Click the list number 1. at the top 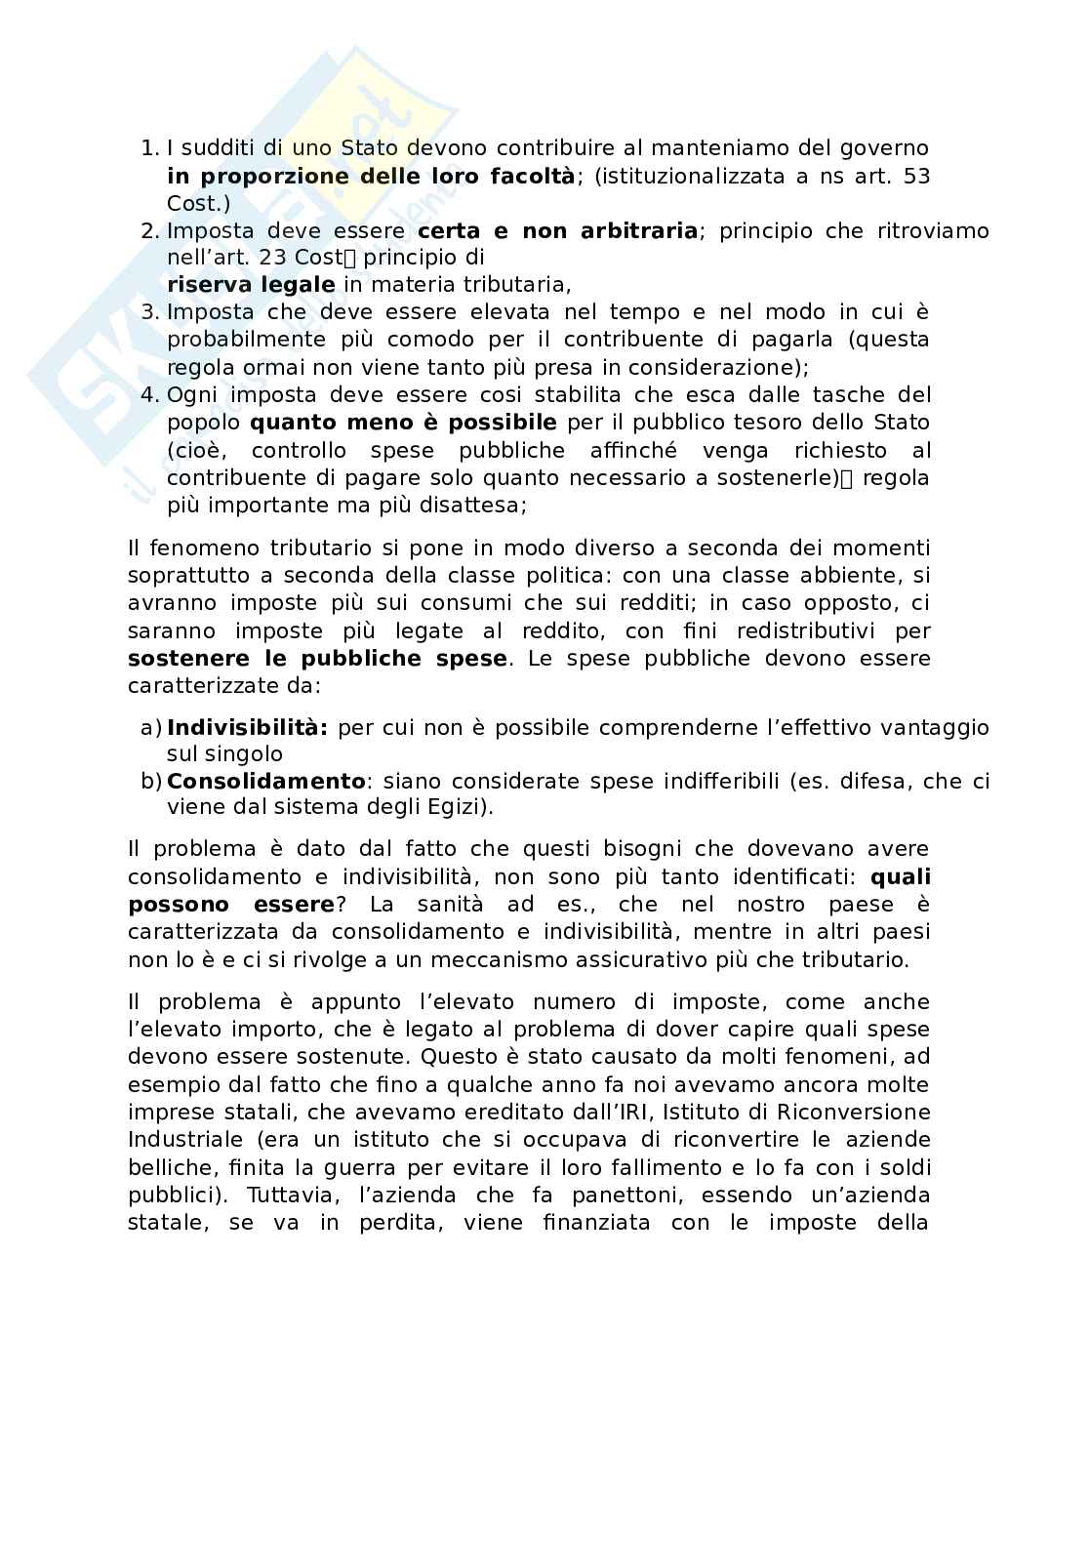pyautogui.click(x=149, y=148)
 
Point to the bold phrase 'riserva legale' pyautogui.click(x=251, y=285)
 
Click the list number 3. pyautogui.click(x=149, y=312)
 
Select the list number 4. pyautogui.click(x=149, y=394)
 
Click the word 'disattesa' pyautogui.click(x=476, y=506)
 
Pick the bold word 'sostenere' pyautogui.click(x=185, y=658)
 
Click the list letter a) pyautogui.click(x=150, y=727)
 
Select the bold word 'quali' pyautogui.click(x=900, y=876)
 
